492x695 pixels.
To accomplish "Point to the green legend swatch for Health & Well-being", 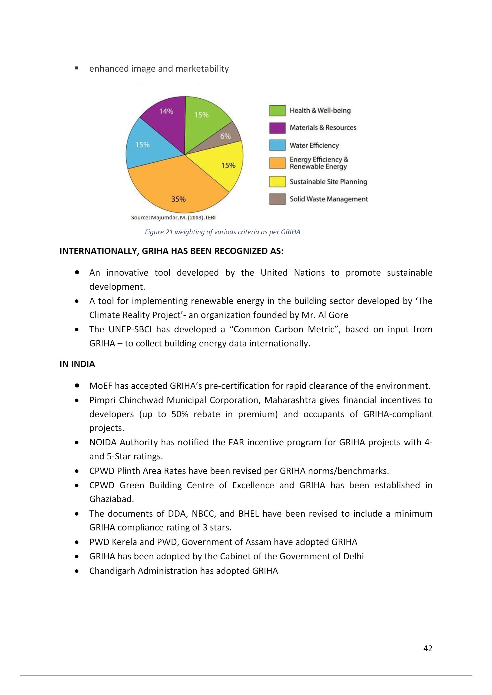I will point(277,111).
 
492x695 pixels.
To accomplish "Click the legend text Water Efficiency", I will point(314,145).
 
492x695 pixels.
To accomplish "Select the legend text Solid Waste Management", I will point(329,199).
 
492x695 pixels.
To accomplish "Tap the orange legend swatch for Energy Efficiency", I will point(277,163).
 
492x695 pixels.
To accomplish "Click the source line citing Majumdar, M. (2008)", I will point(173,217).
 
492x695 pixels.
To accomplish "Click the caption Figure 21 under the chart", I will point(222,232).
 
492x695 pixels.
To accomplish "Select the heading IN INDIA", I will point(77,364).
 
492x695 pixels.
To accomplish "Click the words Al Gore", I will point(337,315).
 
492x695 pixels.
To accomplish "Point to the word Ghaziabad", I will point(111,499).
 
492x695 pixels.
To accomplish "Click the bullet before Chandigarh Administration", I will point(78,571).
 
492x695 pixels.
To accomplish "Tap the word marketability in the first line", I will point(202,69).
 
